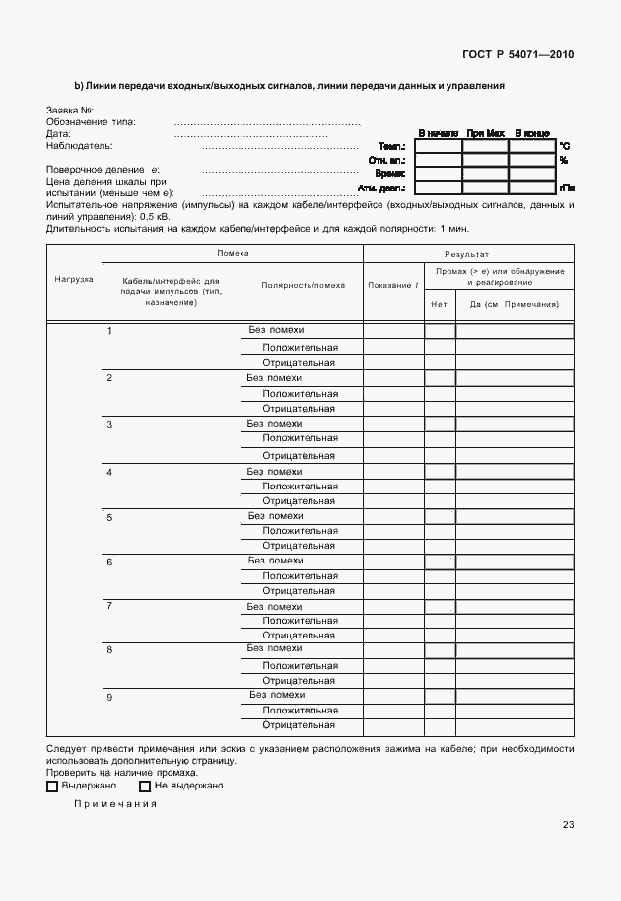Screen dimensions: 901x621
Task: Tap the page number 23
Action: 568,825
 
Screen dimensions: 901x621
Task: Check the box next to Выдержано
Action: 53,787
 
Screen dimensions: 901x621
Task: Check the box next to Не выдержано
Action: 145,787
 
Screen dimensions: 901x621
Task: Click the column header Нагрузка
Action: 74,279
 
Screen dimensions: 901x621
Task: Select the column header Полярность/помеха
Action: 303,285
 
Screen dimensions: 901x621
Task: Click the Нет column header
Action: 440,304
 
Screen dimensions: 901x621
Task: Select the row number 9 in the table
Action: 110,698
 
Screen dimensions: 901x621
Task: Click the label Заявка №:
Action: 70,110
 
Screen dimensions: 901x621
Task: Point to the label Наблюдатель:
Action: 79,145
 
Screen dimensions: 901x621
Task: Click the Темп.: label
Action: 393,146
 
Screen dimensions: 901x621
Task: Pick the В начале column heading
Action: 439,132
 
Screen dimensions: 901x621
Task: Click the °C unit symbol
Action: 564,146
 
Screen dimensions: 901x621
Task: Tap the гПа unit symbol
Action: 566,187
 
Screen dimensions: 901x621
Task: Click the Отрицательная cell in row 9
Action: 300,725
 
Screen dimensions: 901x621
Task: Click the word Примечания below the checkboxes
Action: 115,804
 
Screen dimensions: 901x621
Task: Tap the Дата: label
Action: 59,133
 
